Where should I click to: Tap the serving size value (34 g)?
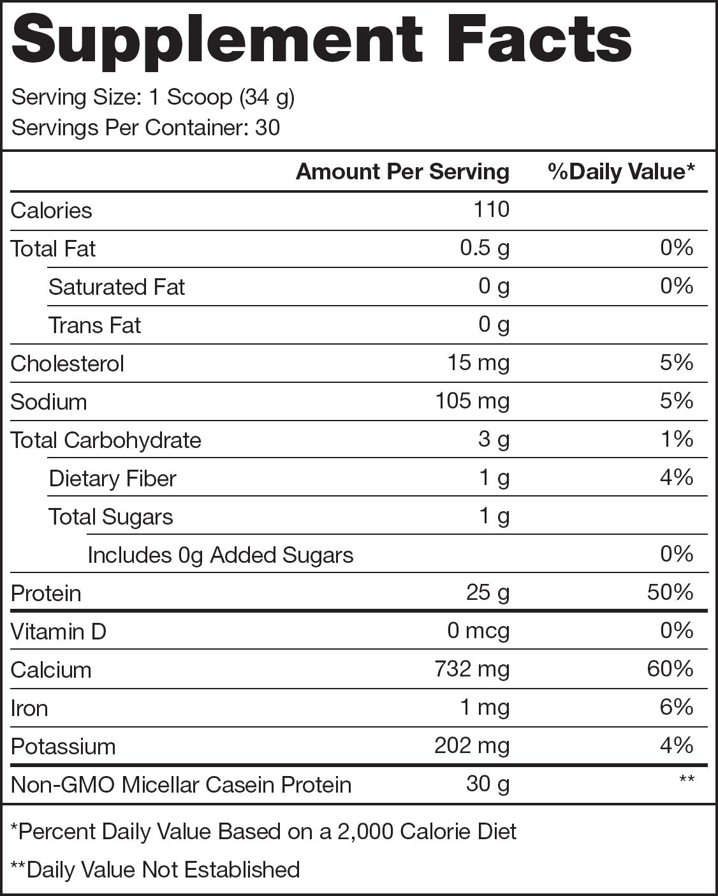[x=267, y=98]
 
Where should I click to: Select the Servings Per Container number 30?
[x=267, y=128]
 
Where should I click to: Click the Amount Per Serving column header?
[x=402, y=172]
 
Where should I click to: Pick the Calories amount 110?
[x=491, y=209]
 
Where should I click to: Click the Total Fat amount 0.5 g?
[x=485, y=248]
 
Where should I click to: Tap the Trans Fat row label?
[x=94, y=325]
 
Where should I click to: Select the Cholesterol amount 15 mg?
[x=478, y=362]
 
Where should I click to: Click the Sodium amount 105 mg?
[x=472, y=401]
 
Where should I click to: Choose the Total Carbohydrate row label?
[x=106, y=440]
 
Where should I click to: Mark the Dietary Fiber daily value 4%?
[x=677, y=477]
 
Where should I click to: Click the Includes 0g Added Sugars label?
[x=220, y=555]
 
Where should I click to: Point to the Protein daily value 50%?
[x=670, y=592]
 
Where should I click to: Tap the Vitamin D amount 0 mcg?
[x=478, y=631]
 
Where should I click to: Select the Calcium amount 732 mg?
[x=472, y=669]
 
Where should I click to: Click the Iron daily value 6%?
[x=677, y=707]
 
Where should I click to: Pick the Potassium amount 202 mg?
[x=472, y=745]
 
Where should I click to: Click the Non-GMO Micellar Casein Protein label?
[x=181, y=784]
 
